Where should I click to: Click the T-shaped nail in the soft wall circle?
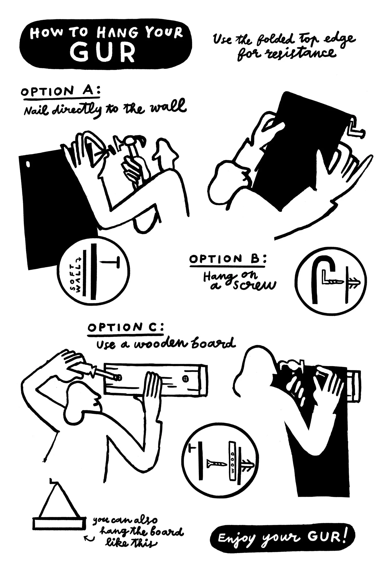[110, 262]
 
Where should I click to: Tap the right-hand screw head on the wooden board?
[185, 378]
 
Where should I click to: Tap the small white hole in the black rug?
[28, 164]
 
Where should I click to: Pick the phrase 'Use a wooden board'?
[165, 344]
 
